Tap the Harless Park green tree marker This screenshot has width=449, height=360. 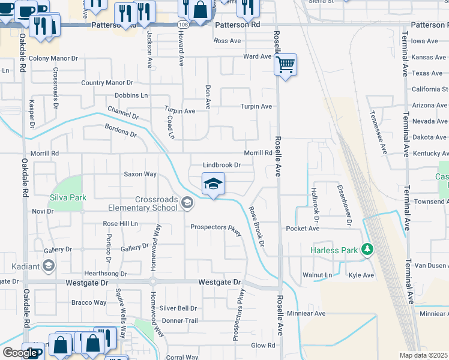(x=366, y=250)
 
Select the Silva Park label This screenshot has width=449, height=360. (x=68, y=197)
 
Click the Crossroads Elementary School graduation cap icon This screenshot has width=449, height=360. (x=188, y=204)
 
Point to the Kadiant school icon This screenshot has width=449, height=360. (x=49, y=266)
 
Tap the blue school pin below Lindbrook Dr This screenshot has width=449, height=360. (x=212, y=184)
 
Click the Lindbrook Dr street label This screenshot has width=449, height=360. (x=221, y=165)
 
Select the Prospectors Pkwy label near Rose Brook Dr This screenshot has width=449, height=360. (x=215, y=228)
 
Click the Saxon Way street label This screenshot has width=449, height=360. (x=140, y=175)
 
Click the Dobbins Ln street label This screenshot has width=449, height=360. (x=131, y=95)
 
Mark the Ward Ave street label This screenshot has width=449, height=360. (x=258, y=56)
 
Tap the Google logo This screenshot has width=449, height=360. (x=20, y=353)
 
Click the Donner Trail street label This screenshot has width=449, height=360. (x=179, y=321)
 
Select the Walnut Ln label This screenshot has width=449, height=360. (x=318, y=275)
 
